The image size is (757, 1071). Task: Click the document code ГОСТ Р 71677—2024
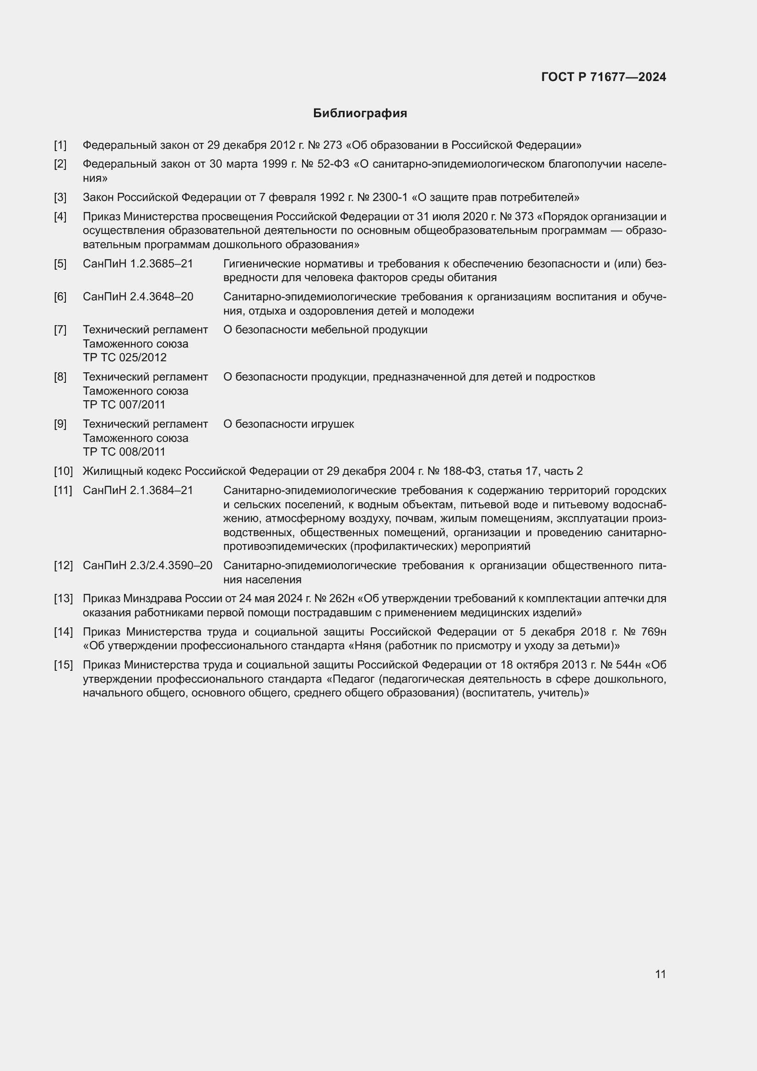pyautogui.click(x=603, y=77)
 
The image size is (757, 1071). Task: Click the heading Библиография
pyautogui.click(x=360, y=114)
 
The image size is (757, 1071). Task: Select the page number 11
pyautogui.click(x=660, y=974)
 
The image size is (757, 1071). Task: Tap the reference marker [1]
pyautogui.click(x=60, y=145)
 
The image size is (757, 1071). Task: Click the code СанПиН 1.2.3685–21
pyautogui.click(x=138, y=264)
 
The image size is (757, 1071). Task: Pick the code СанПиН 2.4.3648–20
pyautogui.click(x=138, y=297)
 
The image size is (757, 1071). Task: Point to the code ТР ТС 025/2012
pyautogui.click(x=124, y=357)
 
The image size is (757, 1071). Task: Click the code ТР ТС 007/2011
pyautogui.click(x=124, y=404)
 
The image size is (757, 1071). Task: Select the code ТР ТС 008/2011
pyautogui.click(x=124, y=451)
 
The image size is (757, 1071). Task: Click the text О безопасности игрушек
pyautogui.click(x=288, y=424)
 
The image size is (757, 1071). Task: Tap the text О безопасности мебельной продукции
pyautogui.click(x=325, y=330)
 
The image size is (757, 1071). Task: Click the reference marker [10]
pyautogui.click(x=64, y=471)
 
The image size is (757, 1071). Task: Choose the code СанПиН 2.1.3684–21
pyautogui.click(x=138, y=490)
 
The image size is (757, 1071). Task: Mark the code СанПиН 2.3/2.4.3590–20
pyautogui.click(x=147, y=565)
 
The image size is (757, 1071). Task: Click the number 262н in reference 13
pyautogui.click(x=345, y=598)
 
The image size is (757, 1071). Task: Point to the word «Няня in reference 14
pyautogui.click(x=365, y=646)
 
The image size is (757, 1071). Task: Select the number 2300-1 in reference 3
pyautogui.click(x=390, y=197)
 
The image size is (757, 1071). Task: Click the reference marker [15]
pyautogui.click(x=64, y=665)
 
